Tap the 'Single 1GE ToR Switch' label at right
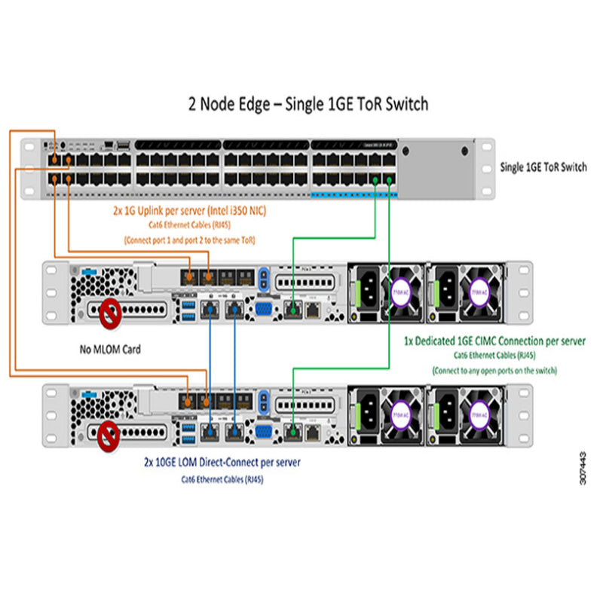coord(543,167)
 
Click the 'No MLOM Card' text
coord(110,349)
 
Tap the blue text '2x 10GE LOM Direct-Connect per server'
coord(222,462)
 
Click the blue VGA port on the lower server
coord(265,431)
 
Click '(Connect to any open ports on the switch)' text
coord(494,370)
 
